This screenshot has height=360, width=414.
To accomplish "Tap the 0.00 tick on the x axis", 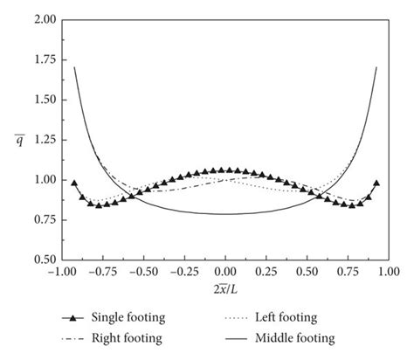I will [x=225, y=273].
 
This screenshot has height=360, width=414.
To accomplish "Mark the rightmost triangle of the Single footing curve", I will [x=376, y=183].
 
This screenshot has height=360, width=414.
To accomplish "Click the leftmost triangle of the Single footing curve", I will [x=74, y=183].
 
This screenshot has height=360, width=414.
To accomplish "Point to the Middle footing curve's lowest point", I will [x=225, y=213].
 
